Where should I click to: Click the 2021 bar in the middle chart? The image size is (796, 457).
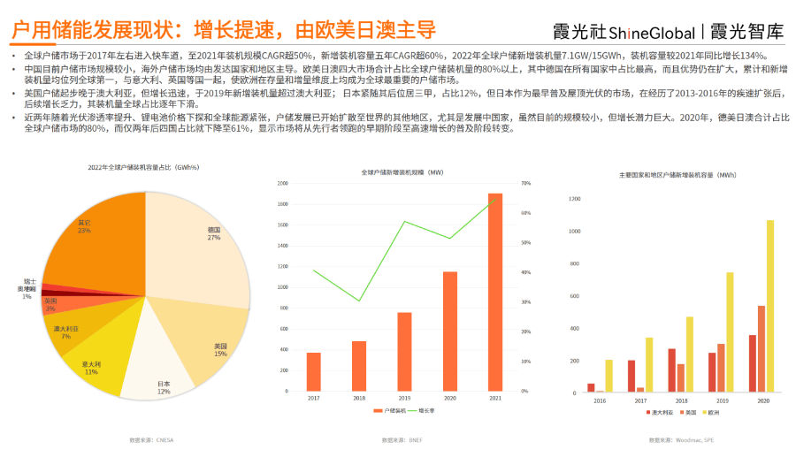[495, 292]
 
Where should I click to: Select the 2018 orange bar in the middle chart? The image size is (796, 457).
[359, 366]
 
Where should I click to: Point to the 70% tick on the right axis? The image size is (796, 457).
[525, 183]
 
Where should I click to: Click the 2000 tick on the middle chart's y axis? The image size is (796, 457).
[283, 183]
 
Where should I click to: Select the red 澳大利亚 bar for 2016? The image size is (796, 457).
[591, 387]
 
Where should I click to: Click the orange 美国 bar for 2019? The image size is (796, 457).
[721, 368]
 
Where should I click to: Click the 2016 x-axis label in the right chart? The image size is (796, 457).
[600, 400]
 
